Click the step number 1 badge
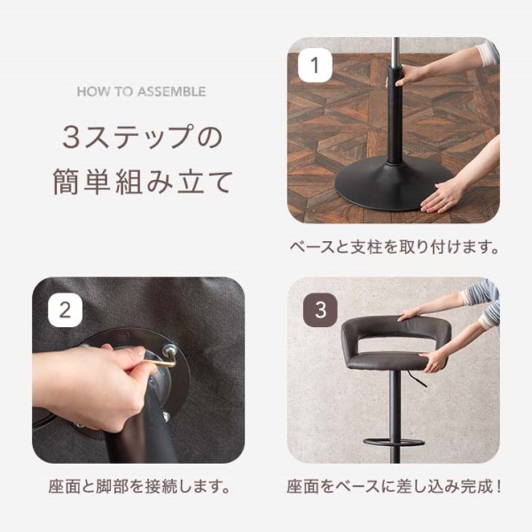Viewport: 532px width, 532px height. click(315, 65)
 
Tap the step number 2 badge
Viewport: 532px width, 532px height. click(65, 310)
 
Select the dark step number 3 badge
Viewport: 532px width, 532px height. click(320, 310)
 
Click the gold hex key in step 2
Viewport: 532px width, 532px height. click(162, 361)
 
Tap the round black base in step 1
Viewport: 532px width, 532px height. click(394, 185)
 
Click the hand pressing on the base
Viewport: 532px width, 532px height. click(441, 198)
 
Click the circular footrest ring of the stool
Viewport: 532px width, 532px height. click(394, 442)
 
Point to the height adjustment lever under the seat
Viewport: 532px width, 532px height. click(417, 379)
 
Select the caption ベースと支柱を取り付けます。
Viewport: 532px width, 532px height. click(395, 247)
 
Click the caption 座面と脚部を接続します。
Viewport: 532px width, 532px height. click(139, 487)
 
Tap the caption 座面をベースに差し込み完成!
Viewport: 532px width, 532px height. click(394, 487)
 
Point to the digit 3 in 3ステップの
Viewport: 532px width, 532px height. click(71, 137)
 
